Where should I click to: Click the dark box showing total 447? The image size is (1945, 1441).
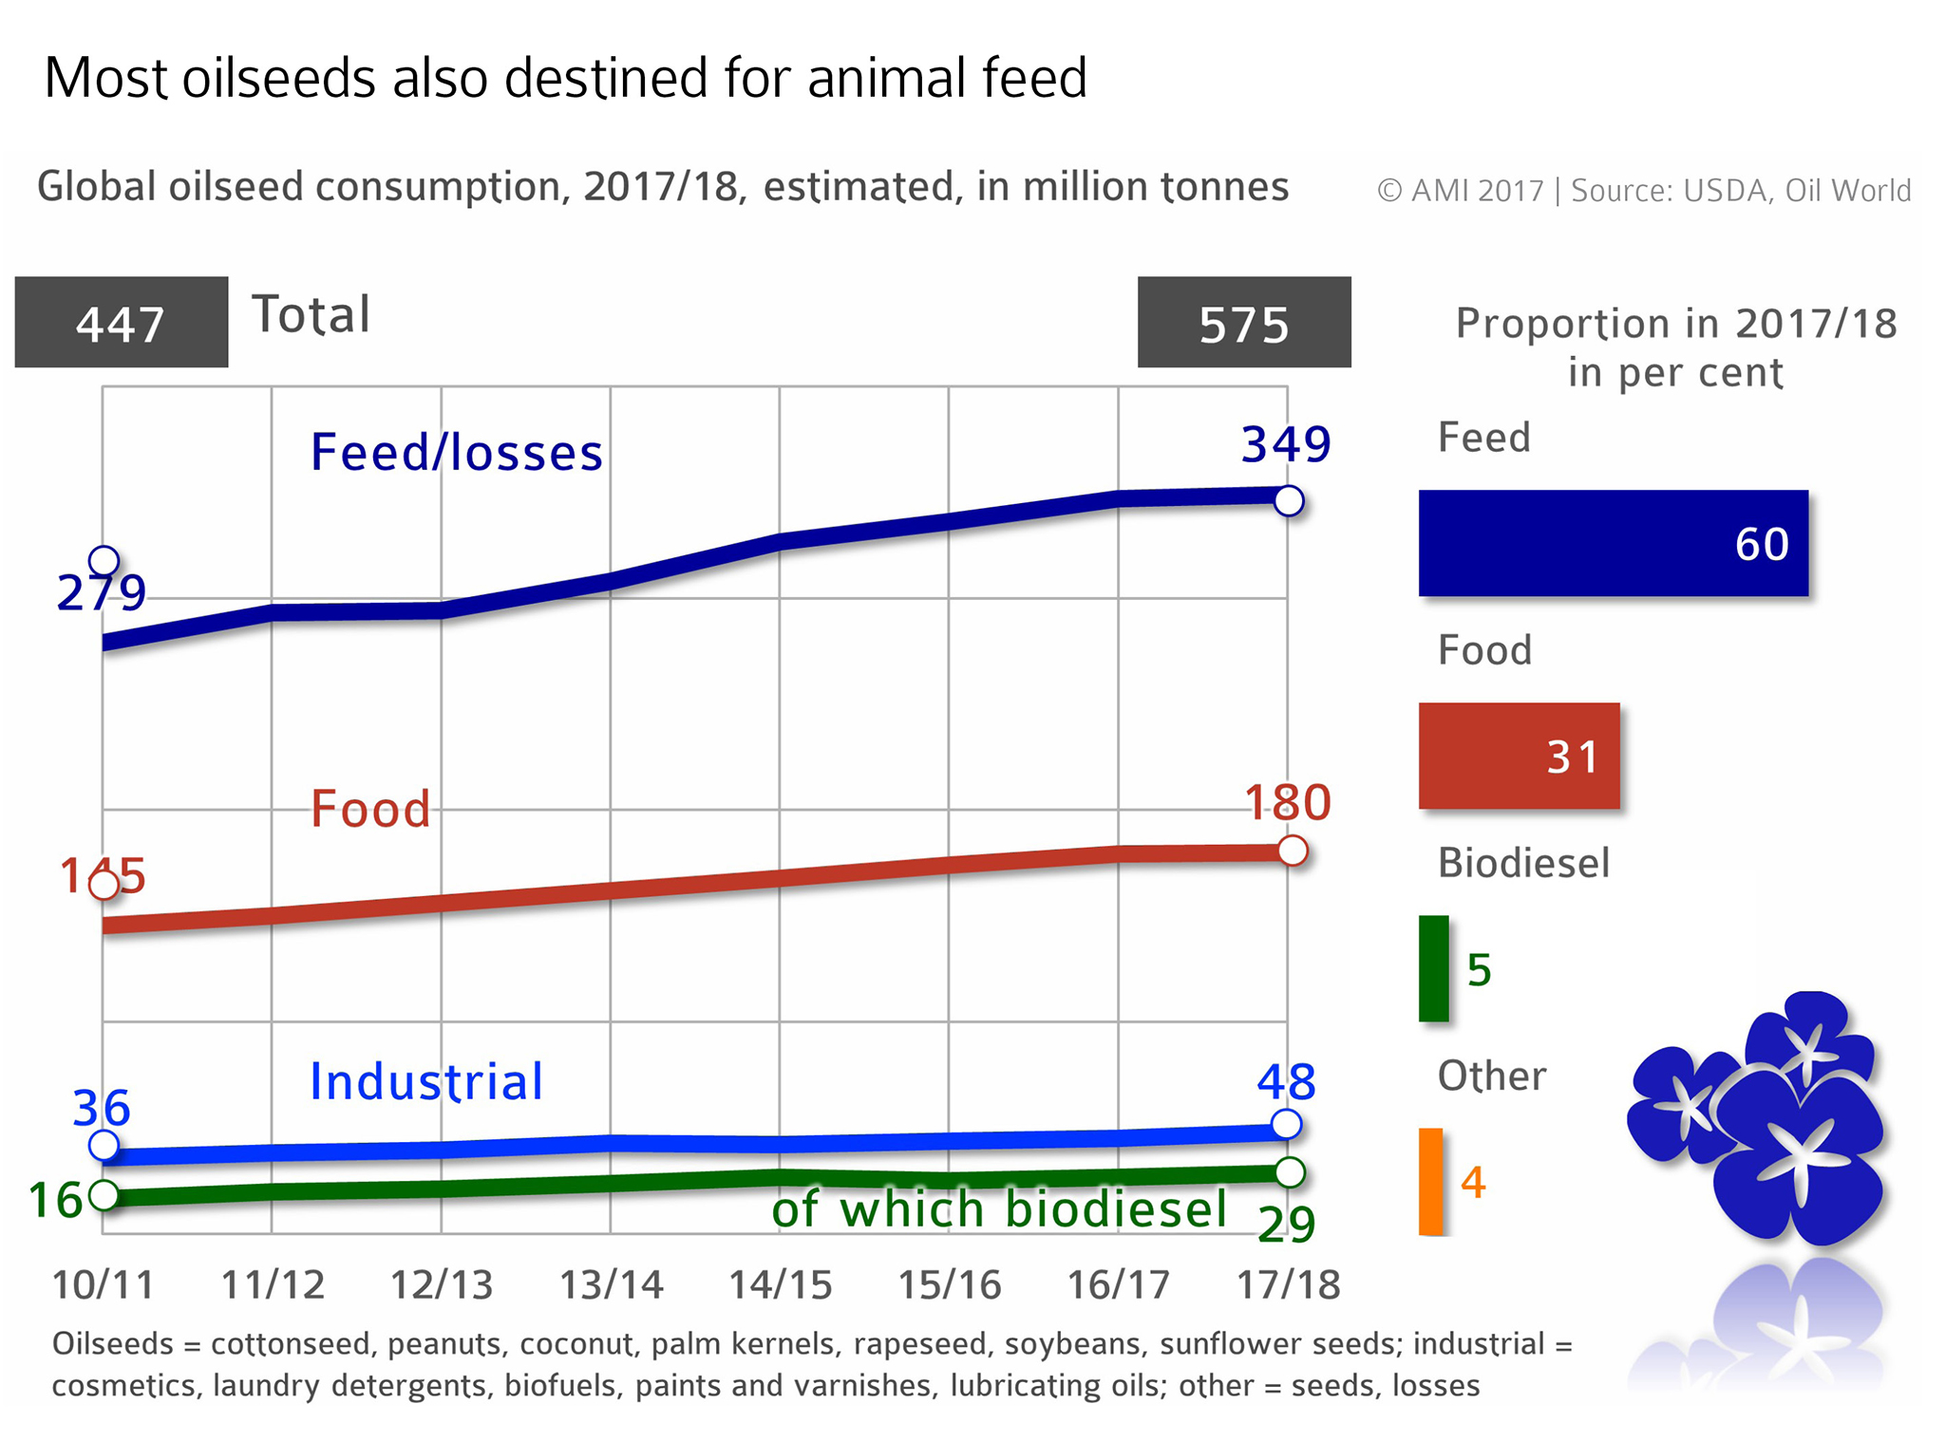point(121,322)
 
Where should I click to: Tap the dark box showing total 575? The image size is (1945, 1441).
point(1243,322)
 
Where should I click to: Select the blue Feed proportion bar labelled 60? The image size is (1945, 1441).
point(1613,543)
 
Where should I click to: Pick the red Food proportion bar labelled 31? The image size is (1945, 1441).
point(1519,756)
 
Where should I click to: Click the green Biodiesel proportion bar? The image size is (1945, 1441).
point(1433,968)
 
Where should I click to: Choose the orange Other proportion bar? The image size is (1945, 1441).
point(1430,1181)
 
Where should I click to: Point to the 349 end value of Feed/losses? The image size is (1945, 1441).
point(1286,443)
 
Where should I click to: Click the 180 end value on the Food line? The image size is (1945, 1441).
point(1288,802)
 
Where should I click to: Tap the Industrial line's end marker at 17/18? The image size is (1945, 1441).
point(1285,1124)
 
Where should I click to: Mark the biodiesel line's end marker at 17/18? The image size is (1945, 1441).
point(1290,1172)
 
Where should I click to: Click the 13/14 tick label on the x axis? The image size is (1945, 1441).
point(611,1284)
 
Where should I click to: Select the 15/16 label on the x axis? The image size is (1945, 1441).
point(949,1284)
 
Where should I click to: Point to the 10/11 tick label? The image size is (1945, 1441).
point(103,1284)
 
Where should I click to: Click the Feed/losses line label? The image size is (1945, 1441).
point(456,452)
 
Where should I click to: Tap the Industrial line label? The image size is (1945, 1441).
point(426,1081)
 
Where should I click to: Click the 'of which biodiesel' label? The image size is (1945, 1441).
point(999,1208)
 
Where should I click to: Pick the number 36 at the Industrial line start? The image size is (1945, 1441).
point(101,1107)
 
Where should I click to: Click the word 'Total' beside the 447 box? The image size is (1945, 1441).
point(311,314)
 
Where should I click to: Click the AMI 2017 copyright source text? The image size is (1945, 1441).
point(1643,190)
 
